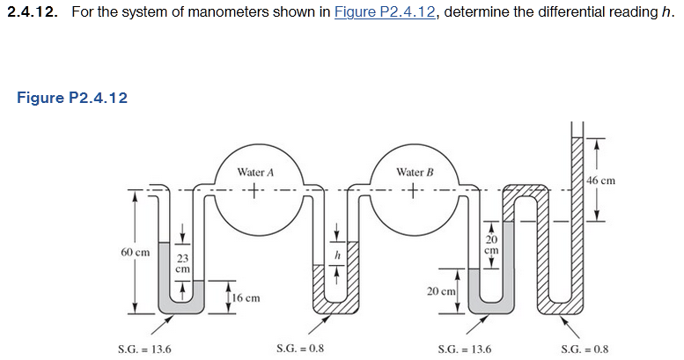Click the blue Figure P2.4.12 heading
[x=72, y=98]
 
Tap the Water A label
[x=254, y=171]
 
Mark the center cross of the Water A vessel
[x=254, y=190]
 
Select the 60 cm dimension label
[x=134, y=252]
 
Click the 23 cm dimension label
[x=181, y=263]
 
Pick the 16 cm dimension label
[x=247, y=298]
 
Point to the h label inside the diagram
[x=335, y=253]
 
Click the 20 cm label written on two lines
[x=491, y=244]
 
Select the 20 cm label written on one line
[x=441, y=290]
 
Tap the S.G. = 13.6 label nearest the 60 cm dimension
[x=143, y=349]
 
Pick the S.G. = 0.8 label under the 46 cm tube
[x=584, y=349]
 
